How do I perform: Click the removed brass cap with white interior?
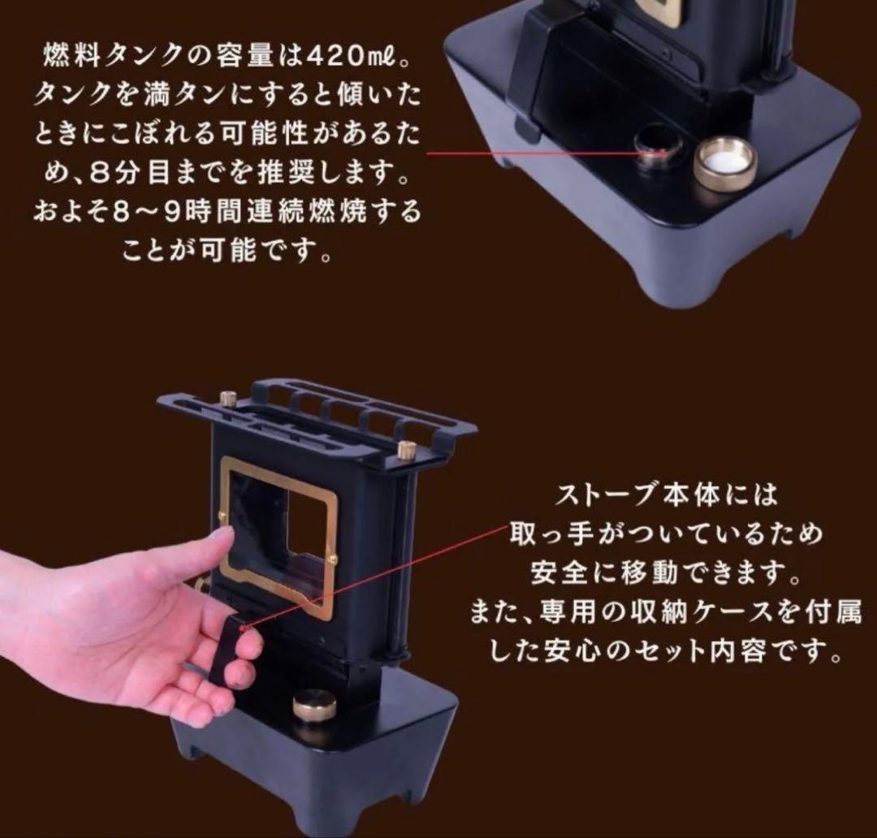(x=724, y=162)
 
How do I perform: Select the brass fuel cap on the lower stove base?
(x=314, y=704)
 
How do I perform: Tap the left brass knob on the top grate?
(x=228, y=399)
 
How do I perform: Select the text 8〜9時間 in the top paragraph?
(x=163, y=213)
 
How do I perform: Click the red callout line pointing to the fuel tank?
(x=536, y=151)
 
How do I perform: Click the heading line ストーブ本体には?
(x=667, y=494)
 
